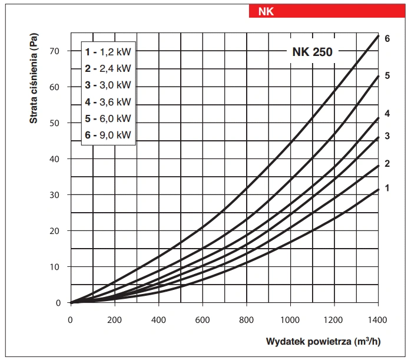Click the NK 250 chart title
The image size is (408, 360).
point(312,52)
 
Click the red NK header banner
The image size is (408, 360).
point(327,11)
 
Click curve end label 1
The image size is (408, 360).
point(387,188)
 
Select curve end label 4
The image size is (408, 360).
point(387,113)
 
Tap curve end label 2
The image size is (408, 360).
point(387,163)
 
